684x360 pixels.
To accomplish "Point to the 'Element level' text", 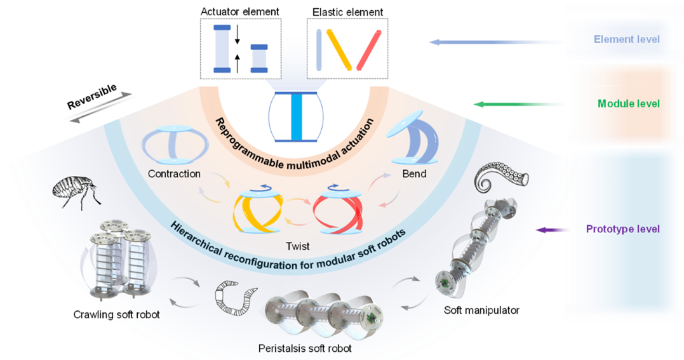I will click(626, 39).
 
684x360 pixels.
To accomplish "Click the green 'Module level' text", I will click(629, 103).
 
